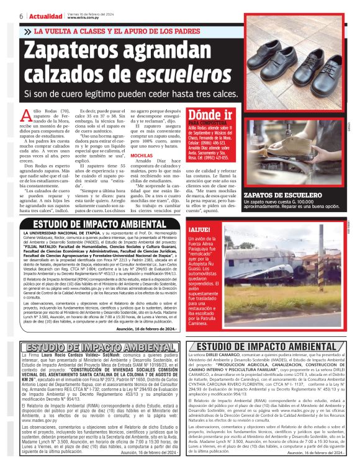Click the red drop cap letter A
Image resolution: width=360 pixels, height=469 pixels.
(x=25, y=115)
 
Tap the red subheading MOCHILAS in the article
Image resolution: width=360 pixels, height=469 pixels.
(x=142, y=173)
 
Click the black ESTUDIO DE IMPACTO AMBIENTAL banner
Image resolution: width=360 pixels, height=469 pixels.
(x=99, y=224)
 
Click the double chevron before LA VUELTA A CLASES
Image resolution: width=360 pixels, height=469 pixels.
(x=29, y=30)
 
